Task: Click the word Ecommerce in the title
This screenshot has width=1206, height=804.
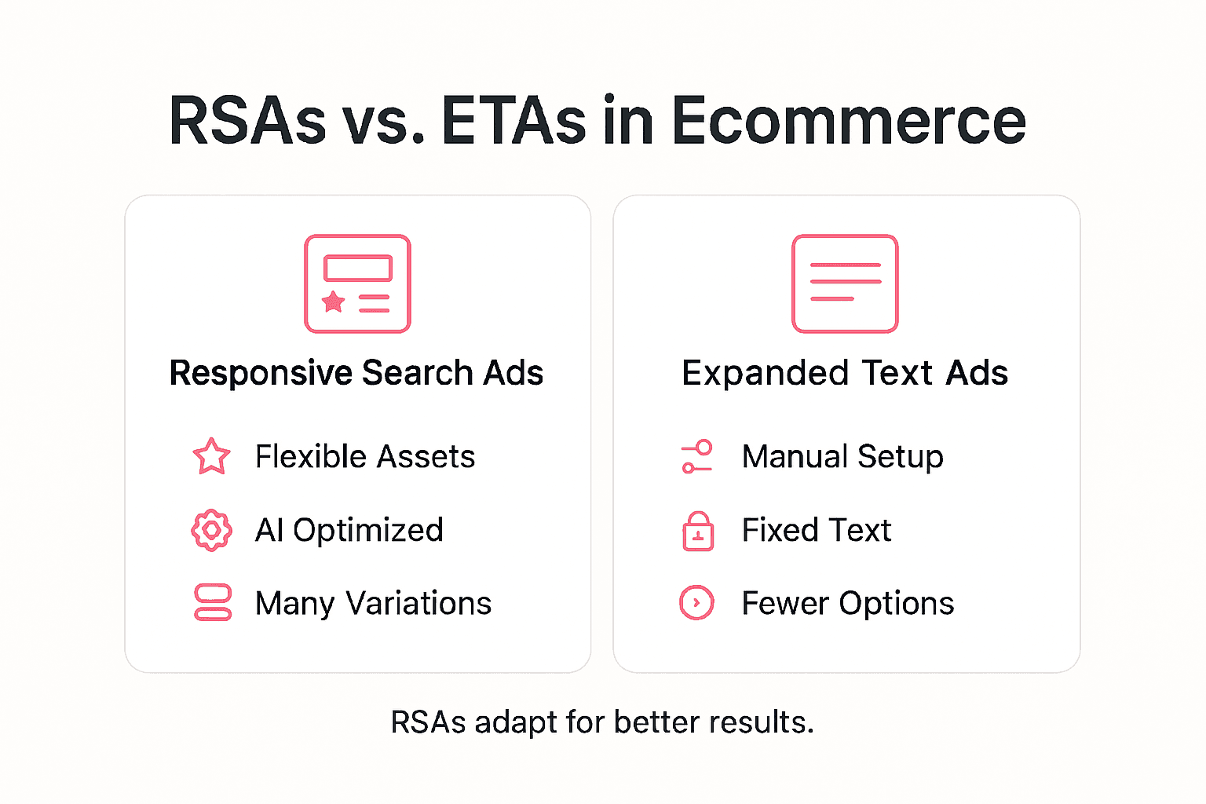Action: click(x=848, y=121)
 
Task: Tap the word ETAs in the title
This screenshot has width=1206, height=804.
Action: click(x=513, y=121)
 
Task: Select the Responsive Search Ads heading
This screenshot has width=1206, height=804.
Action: click(x=356, y=373)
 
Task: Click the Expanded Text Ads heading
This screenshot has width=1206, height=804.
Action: click(x=845, y=373)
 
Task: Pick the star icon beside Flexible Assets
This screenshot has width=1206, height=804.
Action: click(x=211, y=456)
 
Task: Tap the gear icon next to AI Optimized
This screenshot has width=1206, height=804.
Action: click(x=211, y=531)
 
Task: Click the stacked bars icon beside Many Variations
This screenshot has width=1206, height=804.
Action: click(x=212, y=603)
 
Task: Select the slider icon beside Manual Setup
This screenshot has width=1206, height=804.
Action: click(x=696, y=456)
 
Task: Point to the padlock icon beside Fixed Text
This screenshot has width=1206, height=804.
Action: click(x=698, y=532)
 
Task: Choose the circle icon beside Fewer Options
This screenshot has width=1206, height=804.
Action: click(x=696, y=603)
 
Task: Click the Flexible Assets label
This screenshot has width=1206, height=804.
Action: click(x=365, y=457)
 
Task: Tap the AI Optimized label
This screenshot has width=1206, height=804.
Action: click(x=349, y=531)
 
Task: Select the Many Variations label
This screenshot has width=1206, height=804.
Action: click(x=374, y=604)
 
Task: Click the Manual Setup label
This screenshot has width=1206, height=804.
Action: click(x=842, y=457)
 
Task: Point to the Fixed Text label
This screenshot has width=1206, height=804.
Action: click(x=817, y=531)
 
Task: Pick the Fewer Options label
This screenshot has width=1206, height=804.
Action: click(x=848, y=604)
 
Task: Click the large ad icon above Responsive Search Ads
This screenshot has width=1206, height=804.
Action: click(x=357, y=283)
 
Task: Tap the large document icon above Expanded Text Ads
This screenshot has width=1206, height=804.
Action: click(x=845, y=283)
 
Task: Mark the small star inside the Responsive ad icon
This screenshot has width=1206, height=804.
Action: click(x=334, y=301)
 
